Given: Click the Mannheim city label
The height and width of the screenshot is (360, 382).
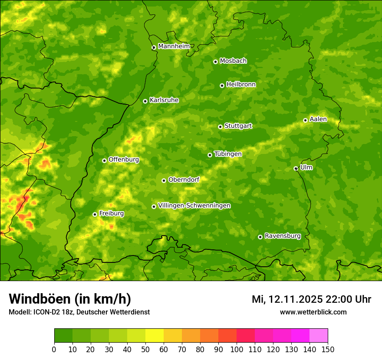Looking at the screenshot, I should pyautogui.click(x=174, y=46).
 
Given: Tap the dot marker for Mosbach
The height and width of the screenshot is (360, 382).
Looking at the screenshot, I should pyautogui.click(x=215, y=62).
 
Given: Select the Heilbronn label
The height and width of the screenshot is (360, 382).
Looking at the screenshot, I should pyautogui.click(x=241, y=85).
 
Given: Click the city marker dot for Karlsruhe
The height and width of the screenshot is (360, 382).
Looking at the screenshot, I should pyautogui.click(x=145, y=101).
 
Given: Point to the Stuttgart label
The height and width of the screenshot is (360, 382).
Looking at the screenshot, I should pyautogui.click(x=238, y=126).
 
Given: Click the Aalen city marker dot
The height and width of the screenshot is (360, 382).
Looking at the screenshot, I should pyautogui.click(x=305, y=120).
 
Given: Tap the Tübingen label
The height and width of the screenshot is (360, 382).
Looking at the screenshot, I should pyautogui.click(x=227, y=154).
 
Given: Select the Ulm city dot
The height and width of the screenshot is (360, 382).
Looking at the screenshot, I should pyautogui.click(x=296, y=168).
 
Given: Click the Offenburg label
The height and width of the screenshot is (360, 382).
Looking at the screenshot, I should pyautogui.click(x=124, y=160).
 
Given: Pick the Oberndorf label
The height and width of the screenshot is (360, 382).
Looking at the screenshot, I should pyautogui.click(x=184, y=180).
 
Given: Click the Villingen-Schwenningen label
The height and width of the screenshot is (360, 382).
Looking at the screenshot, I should pyautogui.click(x=194, y=206).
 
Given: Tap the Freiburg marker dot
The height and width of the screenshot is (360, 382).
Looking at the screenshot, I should pyautogui.click(x=95, y=214).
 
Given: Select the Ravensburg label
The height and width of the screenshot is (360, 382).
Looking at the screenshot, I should pyautogui.click(x=283, y=236).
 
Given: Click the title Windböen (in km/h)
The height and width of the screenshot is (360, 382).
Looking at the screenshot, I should pyautogui.click(x=70, y=299).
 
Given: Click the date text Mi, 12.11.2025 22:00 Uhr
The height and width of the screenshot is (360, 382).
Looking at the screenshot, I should pyautogui.click(x=311, y=299).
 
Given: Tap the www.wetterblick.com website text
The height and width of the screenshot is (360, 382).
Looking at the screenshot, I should pyautogui.click(x=313, y=312).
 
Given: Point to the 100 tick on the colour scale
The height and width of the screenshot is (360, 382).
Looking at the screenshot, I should pyautogui.click(x=237, y=349).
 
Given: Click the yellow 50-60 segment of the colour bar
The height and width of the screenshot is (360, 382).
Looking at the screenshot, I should pyautogui.click(x=155, y=336).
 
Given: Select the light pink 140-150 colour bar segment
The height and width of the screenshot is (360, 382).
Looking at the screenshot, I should pyautogui.click(x=319, y=336).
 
